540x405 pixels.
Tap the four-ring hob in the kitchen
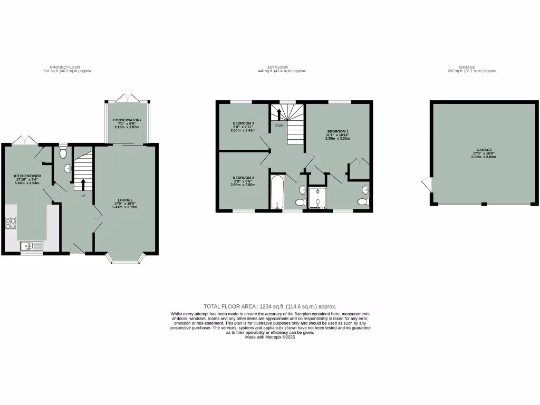11,224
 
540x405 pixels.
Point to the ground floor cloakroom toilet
63,153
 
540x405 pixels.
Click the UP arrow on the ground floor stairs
83,185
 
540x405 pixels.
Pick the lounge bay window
126,258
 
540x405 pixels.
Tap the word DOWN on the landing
278,126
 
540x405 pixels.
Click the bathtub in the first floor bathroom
277,192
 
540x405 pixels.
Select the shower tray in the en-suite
317,198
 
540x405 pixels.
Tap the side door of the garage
426,185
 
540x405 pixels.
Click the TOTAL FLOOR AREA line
269,306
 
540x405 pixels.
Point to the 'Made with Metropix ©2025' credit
269,337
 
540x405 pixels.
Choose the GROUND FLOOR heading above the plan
64,67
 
